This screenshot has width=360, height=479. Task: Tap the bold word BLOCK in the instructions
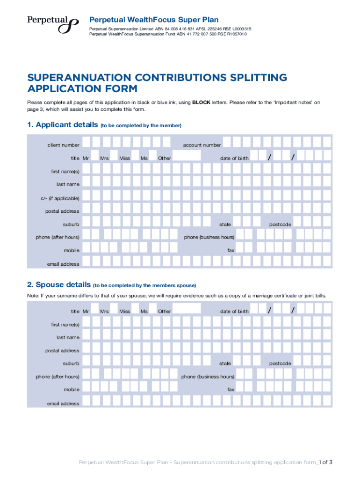pos(201,102)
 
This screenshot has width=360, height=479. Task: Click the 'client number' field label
pos(63,145)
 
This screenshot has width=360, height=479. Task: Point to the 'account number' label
pos(202,145)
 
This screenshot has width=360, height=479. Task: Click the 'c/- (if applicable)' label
pos(60,198)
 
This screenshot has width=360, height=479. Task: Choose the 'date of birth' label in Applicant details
pos(234,158)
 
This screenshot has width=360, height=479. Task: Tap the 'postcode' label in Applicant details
pos(280,225)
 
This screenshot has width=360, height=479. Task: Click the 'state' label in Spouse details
pos(225,363)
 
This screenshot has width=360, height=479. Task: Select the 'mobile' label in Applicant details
pos(72,250)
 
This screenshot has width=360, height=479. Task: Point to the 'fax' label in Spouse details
pos(231,389)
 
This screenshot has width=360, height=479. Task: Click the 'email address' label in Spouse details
pos(63,403)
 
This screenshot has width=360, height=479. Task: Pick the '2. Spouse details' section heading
pos(58,284)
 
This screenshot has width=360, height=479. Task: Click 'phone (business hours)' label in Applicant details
pos(209,237)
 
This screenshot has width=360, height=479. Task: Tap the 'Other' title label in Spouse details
pos(165,312)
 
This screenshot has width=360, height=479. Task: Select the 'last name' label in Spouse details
pos(68,337)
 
